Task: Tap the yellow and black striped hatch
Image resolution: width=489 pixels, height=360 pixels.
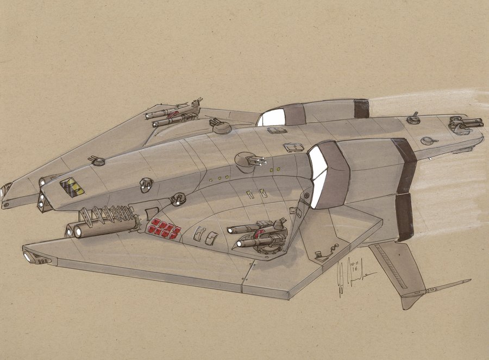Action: tap(72, 187)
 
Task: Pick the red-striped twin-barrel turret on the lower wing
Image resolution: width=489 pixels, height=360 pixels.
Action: tap(260, 235)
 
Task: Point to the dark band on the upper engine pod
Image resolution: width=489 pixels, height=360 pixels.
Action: tap(361, 109)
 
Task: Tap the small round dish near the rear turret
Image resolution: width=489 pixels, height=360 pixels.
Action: tap(428, 140)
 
